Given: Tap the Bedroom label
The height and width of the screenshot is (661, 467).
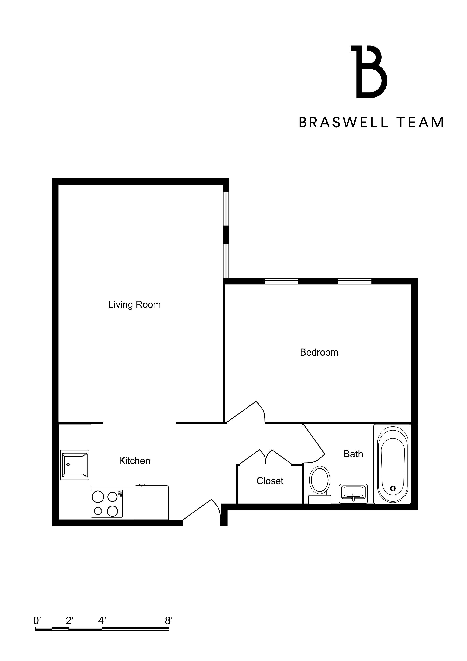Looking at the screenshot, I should click(319, 352).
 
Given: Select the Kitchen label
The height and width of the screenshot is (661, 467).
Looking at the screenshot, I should click(134, 461).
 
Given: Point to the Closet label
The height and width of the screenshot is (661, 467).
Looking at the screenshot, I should click(270, 481).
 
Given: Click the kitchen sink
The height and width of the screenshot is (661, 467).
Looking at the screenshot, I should click(75, 465).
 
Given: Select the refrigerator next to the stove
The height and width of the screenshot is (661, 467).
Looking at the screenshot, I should click(151, 503).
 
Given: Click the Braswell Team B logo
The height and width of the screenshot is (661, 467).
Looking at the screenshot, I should click(369, 72).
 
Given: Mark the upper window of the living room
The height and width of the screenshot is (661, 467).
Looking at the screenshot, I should click(226, 209).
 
